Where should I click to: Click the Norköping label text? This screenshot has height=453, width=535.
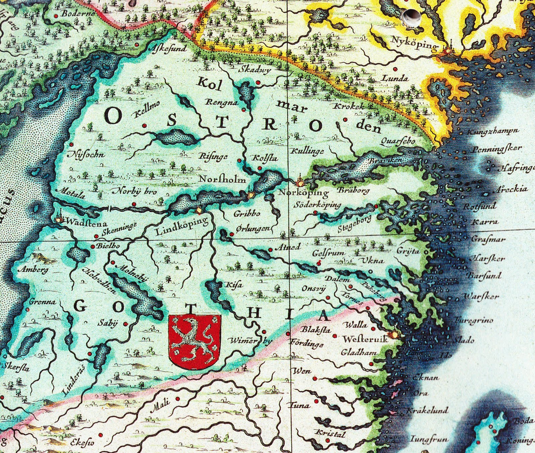(x=304, y=193)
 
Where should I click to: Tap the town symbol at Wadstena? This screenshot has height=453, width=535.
(x=60, y=219)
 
